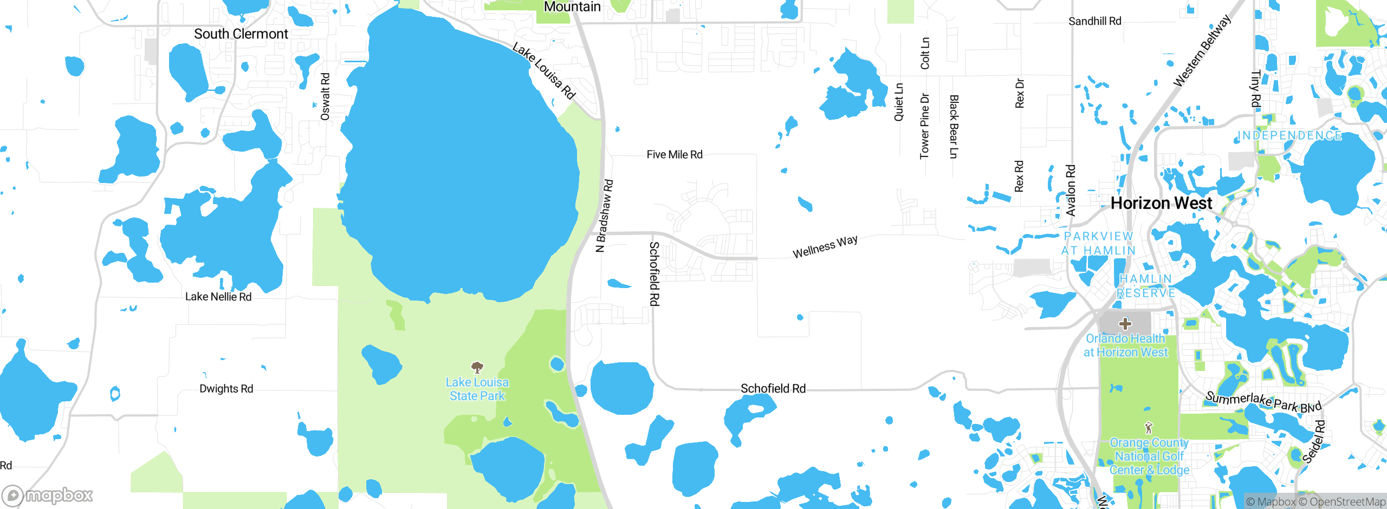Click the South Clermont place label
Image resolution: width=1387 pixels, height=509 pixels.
coord(241,34)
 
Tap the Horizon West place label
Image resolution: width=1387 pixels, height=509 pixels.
coord(1161,203)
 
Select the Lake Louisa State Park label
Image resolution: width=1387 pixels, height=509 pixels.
coord(477,389)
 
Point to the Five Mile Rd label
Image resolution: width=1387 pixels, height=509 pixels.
coord(675,155)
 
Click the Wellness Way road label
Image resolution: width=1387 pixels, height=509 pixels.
coord(825,247)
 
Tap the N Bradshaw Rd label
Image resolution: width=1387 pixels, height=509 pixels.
coord(604,216)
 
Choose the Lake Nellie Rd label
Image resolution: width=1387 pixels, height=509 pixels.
coord(218,297)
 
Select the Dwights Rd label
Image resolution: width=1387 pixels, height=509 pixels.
coord(226,389)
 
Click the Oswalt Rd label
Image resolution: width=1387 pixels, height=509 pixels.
coord(325,96)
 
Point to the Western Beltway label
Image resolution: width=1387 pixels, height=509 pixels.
coord(1202,51)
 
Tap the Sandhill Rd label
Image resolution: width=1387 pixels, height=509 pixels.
coord(1094,21)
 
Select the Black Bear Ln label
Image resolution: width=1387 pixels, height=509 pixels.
coord(954,127)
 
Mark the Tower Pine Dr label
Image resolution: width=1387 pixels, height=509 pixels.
coord(925,127)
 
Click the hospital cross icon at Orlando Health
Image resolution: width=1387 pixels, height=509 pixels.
coord(1125,324)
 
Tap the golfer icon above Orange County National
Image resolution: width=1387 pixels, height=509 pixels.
coord(1149,428)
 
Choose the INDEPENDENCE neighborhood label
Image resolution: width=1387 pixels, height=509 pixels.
coord(1290,135)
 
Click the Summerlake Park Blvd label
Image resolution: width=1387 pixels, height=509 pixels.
coord(1263,402)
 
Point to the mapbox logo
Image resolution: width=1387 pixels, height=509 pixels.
coord(48,495)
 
